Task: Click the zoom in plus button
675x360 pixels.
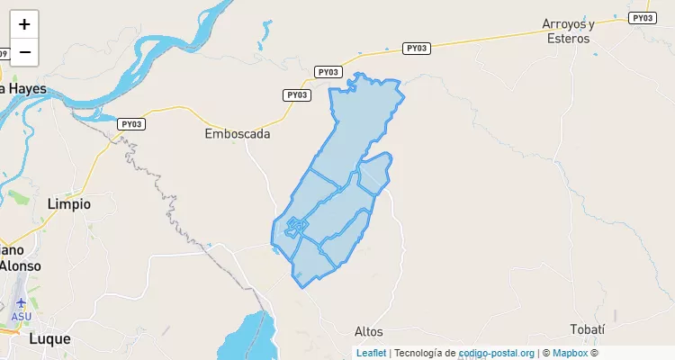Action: [24, 24]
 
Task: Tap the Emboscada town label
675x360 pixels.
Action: [238, 133]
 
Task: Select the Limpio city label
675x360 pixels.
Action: [68, 204]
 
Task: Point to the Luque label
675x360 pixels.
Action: [49, 339]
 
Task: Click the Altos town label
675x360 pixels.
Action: [369, 330]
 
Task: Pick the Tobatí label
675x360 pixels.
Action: [587, 329]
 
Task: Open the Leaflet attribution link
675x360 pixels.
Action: [372, 353]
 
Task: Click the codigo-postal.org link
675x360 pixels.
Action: [497, 353]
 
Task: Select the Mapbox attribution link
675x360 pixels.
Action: [570, 353]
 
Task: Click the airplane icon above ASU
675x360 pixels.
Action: [21, 303]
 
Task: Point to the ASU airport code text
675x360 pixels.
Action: [21, 317]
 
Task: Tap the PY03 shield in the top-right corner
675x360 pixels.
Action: [642, 18]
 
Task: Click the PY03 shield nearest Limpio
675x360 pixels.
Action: [131, 123]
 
